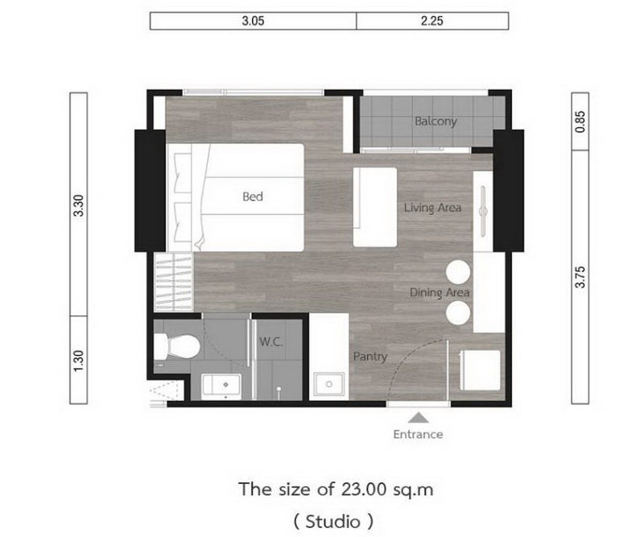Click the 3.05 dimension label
pyautogui.click(x=253, y=21)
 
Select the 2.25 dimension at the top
pyautogui.click(x=431, y=21)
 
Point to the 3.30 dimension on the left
pyautogui.click(x=78, y=205)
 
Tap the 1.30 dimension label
pyautogui.click(x=78, y=361)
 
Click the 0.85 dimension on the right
pyautogui.click(x=580, y=122)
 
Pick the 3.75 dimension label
pyautogui.click(x=580, y=277)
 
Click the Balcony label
pyautogui.click(x=436, y=122)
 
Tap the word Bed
pyautogui.click(x=253, y=196)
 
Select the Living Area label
pyautogui.click(x=432, y=208)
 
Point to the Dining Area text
pyautogui.click(x=440, y=292)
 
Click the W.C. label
pyautogui.click(x=270, y=341)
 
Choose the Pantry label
pyautogui.click(x=370, y=357)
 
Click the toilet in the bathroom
pyautogui.click(x=177, y=346)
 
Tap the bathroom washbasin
pyautogui.click(x=221, y=386)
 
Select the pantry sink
pyautogui.click(x=329, y=385)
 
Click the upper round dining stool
pyautogui.click(x=458, y=271)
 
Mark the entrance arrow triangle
pyautogui.click(x=419, y=418)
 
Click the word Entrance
pyautogui.click(x=418, y=434)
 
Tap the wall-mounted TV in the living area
pyautogui.click(x=484, y=212)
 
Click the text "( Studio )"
pyautogui.click(x=333, y=522)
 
